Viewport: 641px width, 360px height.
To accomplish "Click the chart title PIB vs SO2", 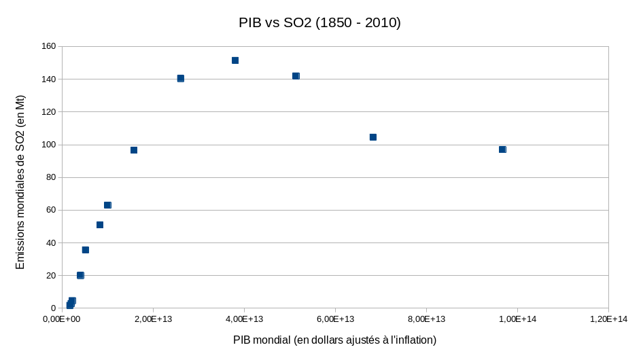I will click(319, 23).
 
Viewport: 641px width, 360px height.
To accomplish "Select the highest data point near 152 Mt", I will click(235, 60).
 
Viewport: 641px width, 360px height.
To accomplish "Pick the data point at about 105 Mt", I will click(373, 137).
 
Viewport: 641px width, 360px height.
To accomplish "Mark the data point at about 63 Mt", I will click(107, 205).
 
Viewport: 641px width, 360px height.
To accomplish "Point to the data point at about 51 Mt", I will click(100, 225).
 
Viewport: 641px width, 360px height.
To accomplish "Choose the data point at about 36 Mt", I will click(86, 250).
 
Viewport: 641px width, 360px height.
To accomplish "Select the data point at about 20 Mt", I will click(80, 275).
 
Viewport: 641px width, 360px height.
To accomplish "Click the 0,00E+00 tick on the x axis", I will click(62, 319).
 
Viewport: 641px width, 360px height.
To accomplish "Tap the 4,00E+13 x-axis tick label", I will click(244, 319).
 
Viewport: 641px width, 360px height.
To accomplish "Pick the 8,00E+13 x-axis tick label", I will click(426, 319).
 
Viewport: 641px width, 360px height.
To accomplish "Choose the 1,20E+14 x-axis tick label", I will click(608, 319).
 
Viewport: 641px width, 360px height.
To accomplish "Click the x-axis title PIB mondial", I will click(334, 340).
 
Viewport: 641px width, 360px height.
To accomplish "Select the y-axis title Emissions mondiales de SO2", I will click(20, 181).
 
